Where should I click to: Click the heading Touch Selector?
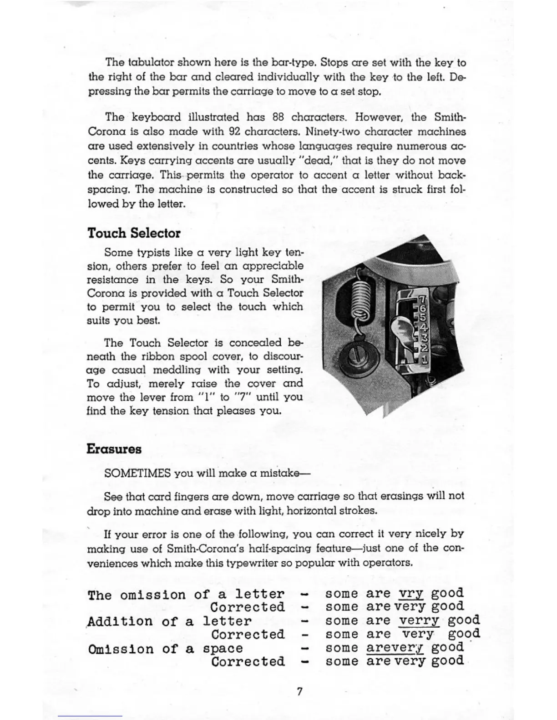pyautogui.click(x=134, y=233)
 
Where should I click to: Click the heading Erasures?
pyautogui.click(x=114, y=449)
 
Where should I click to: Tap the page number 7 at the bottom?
pyautogui.click(x=299, y=691)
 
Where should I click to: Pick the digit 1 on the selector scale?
pyautogui.click(x=424, y=360)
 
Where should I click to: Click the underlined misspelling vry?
pyautogui.click(x=411, y=594)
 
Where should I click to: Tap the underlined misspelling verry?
pyautogui.click(x=419, y=621)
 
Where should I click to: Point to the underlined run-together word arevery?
pyautogui.click(x=395, y=648)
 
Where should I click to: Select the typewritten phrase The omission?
pyautogui.click(x=137, y=595)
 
